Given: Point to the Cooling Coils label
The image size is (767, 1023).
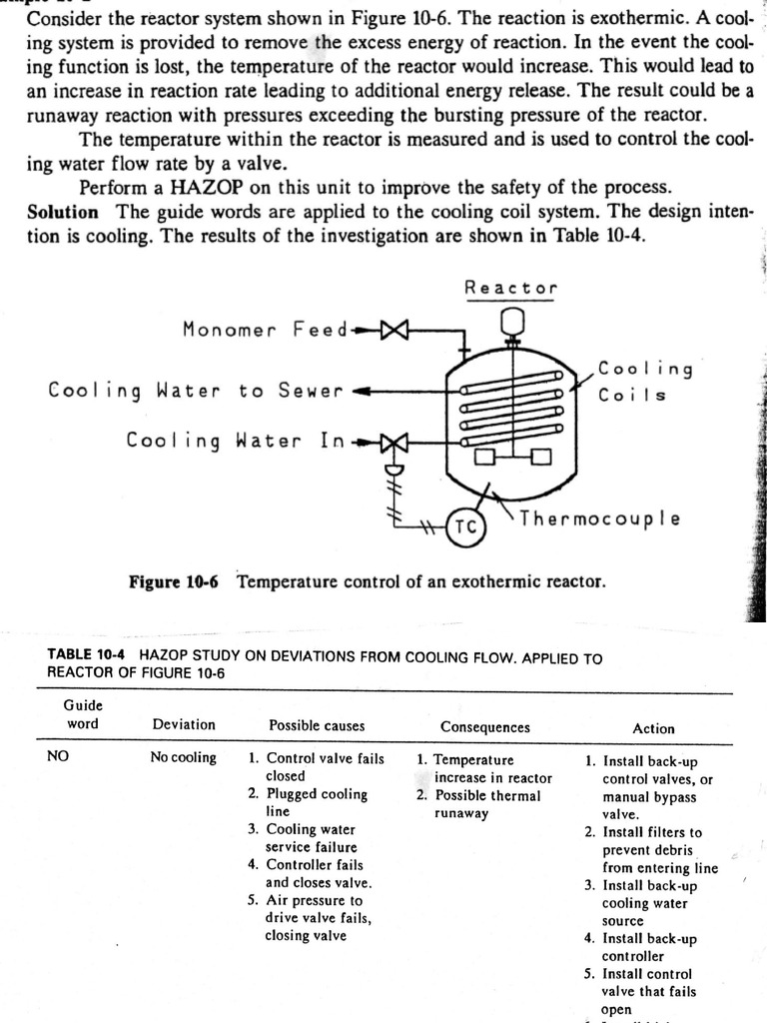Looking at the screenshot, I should click(x=645, y=381).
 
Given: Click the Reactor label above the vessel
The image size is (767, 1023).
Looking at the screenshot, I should click(x=510, y=288).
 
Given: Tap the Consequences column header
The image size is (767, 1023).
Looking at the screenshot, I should click(x=485, y=727).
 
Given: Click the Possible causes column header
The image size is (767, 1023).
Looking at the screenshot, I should click(x=317, y=725).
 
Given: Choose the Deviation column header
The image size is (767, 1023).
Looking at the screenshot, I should click(x=184, y=724).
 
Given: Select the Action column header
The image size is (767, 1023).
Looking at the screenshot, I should click(x=653, y=728).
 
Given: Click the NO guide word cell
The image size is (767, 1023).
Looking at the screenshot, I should click(x=58, y=757).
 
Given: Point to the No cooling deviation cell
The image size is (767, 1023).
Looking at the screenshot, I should click(x=183, y=757).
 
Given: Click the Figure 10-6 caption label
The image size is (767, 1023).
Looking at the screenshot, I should click(x=173, y=581).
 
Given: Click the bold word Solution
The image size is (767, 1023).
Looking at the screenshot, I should click(x=63, y=212).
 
